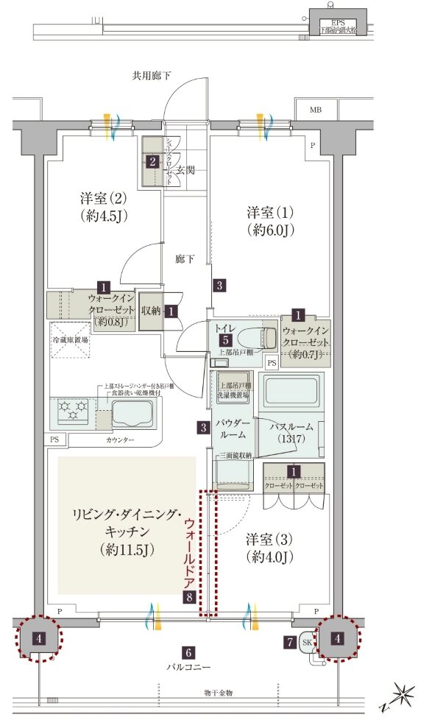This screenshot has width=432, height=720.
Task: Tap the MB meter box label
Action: click(315, 110)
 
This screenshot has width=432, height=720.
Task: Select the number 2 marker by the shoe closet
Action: click(152, 161)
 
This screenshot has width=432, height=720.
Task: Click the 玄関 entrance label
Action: click(185, 171)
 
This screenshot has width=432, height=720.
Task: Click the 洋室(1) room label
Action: click(270, 221)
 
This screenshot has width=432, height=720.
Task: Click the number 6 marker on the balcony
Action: click(189, 653)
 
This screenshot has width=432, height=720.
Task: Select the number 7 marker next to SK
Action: click(290, 642)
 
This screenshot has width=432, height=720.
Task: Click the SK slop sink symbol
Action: click(308, 643)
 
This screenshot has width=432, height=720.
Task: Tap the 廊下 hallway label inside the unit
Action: click(185, 259)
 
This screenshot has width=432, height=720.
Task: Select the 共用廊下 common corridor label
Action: click(152, 75)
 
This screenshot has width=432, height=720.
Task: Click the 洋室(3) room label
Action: click(270, 546)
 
